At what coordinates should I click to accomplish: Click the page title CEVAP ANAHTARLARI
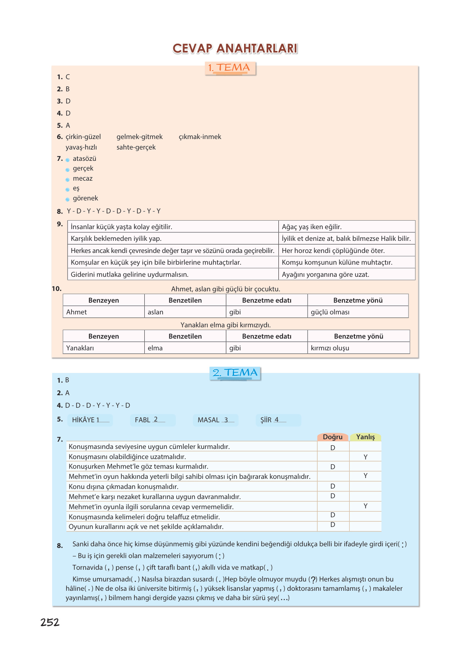(235, 48)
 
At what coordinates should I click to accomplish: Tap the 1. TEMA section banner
(230, 68)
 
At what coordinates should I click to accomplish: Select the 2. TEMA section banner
(235, 373)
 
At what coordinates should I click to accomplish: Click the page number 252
(50, 622)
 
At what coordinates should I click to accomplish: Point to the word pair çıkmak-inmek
(200, 137)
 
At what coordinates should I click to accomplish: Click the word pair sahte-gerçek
(136, 147)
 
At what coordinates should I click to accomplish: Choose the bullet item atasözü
(84, 159)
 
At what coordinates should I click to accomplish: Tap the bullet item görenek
(85, 198)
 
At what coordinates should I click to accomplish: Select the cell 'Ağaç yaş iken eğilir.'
(312, 227)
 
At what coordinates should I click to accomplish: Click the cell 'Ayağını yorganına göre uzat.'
(325, 275)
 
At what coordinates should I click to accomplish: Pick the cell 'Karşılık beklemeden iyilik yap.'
(116, 239)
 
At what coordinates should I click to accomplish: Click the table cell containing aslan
(156, 312)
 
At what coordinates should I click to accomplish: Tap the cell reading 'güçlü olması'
(330, 312)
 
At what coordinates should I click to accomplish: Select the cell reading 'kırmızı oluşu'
(330, 348)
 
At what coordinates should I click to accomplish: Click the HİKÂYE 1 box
(90, 420)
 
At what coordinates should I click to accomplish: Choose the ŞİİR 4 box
(278, 420)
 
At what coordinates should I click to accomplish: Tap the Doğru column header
(333, 437)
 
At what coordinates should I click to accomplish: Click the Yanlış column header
(365, 437)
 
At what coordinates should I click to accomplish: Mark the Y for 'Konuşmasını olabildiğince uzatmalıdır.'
(365, 457)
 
